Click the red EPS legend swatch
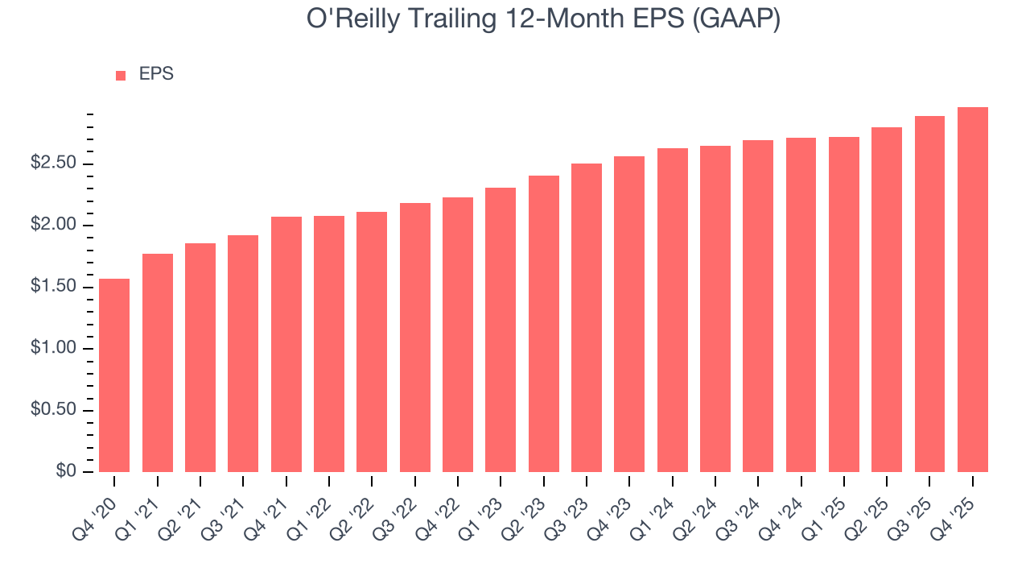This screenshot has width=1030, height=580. pos(121,75)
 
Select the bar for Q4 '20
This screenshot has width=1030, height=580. pos(114,375)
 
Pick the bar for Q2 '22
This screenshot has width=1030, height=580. pos(372,342)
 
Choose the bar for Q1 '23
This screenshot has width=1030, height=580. pos(501,329)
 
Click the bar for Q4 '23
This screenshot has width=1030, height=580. pos(629,314)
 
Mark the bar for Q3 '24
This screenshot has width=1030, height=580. pos(758,306)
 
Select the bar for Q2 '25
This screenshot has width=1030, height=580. pos(887,300)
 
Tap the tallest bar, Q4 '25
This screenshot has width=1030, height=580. pos(972,289)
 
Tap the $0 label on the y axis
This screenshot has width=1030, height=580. pos(66,471)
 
